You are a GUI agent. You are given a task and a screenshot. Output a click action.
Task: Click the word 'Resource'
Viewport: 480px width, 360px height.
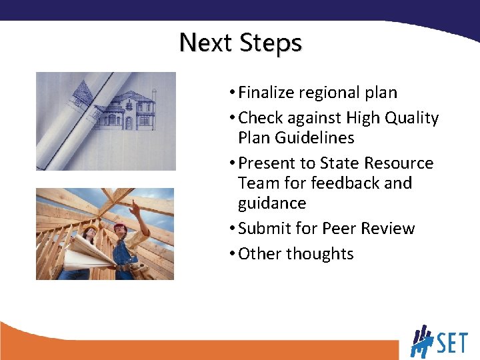coord(401,163)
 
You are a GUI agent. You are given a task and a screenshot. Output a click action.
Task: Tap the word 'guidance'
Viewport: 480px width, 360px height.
coord(272,203)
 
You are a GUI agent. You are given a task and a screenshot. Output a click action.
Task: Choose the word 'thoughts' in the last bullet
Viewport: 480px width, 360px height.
coord(323,254)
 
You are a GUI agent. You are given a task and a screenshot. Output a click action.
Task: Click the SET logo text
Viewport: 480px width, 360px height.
coord(452,343)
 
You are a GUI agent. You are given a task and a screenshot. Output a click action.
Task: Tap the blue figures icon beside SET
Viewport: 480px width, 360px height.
coord(421,341)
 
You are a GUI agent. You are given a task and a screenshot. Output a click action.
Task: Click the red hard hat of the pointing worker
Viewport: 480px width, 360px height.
coord(120,228)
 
